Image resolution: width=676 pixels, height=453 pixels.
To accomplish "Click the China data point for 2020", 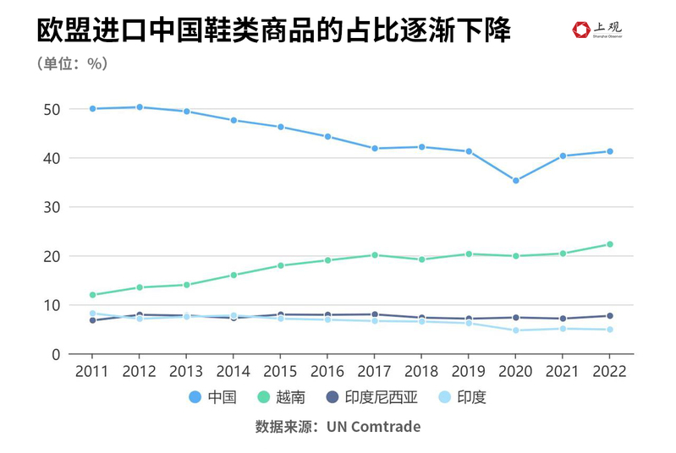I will (515, 180).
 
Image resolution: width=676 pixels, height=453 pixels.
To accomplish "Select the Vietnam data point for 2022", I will (609, 244).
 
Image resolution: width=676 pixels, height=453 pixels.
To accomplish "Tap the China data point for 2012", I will (139, 107).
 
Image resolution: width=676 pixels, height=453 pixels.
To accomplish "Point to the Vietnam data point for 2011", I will (92, 295).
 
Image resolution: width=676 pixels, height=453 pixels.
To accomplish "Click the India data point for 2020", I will (515, 330).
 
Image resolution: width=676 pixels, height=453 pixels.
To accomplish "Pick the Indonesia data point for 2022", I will (609, 316).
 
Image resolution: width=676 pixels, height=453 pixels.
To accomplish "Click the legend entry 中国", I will (214, 397).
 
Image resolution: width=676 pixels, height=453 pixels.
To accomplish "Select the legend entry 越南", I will (285, 397).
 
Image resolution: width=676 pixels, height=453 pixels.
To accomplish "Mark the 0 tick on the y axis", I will (55, 354).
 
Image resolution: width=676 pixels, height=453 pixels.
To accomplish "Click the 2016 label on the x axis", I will (327, 371).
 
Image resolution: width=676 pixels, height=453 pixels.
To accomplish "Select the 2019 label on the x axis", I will (468, 371).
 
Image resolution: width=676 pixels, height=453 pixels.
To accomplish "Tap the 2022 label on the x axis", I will (609, 371).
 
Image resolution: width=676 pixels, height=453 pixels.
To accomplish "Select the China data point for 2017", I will (374, 149).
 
